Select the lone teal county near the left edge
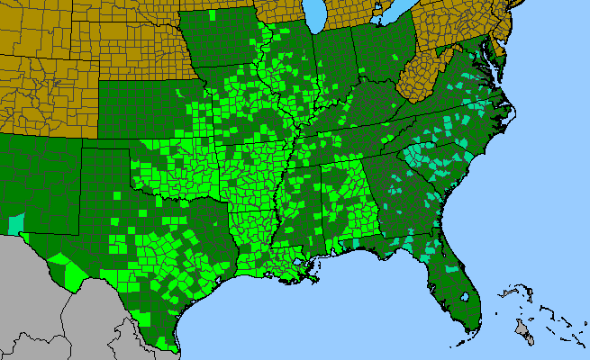[x=16, y=223]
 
